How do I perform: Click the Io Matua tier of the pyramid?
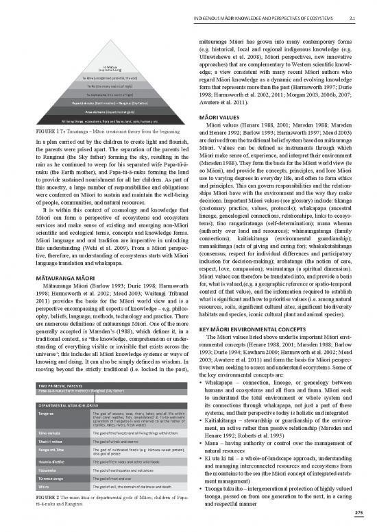pyautogui.click(x=95, y=68)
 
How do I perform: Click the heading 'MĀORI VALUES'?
pyautogui.click(x=215, y=116)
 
